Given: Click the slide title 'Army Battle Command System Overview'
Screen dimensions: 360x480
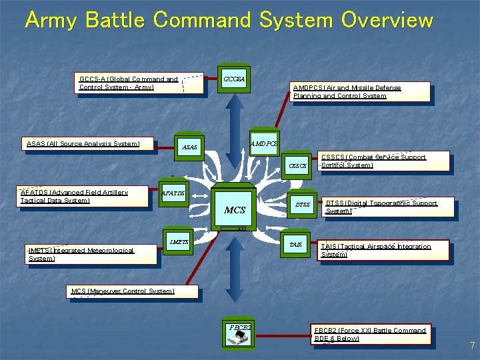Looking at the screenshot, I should click(229, 20).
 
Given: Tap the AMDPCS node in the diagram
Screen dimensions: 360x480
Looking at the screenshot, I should click(264, 143).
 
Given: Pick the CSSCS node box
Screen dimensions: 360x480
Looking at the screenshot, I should click(297, 165).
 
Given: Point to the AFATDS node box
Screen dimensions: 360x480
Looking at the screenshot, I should click(173, 193).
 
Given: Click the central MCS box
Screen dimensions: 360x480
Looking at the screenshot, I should click(235, 209).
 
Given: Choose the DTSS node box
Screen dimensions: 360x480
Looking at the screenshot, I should click(303, 205).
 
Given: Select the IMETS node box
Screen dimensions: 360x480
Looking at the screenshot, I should click(179, 242).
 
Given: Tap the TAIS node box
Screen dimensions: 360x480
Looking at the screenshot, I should click(295, 245).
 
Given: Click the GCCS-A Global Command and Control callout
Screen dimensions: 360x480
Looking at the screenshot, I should click(129, 83).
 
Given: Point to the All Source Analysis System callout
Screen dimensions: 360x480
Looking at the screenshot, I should click(83, 143).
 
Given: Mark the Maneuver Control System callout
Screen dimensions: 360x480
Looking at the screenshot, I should click(123, 291).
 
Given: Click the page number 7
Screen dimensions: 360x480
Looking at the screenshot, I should click(472, 346).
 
